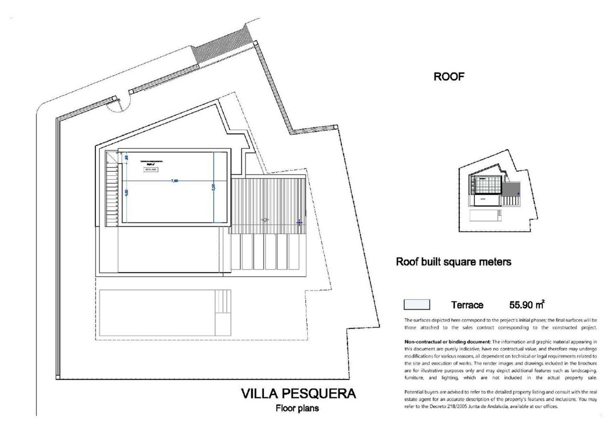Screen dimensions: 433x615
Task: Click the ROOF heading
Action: point(448,78)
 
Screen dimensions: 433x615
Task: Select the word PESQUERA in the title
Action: point(321,394)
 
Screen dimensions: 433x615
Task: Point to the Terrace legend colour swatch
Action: point(417,305)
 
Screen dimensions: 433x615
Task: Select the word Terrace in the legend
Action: point(467,306)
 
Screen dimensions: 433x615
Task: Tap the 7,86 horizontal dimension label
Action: point(175,180)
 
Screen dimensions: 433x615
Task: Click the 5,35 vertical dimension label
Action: point(213,188)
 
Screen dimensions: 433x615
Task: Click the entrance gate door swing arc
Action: point(115,104)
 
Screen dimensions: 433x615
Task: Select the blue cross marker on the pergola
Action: point(299,222)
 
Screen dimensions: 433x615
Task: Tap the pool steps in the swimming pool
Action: point(223,312)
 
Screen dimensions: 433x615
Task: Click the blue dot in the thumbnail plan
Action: point(518,193)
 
